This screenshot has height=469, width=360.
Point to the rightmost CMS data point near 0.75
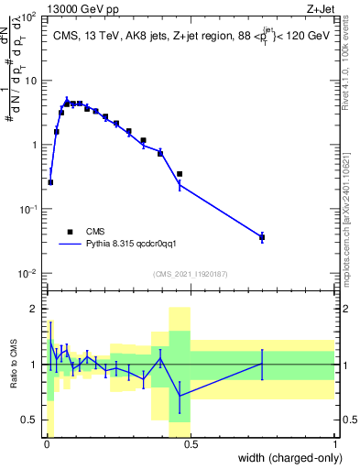262,237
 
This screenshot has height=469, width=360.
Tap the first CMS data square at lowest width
50,182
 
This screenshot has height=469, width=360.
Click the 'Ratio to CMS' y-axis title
14,365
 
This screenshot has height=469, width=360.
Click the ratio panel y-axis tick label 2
34,309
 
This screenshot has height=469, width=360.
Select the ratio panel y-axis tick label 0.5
29,420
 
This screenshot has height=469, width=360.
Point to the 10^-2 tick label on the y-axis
27,274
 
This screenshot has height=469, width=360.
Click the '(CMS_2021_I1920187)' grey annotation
190,273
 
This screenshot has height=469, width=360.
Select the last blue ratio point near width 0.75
262,364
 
